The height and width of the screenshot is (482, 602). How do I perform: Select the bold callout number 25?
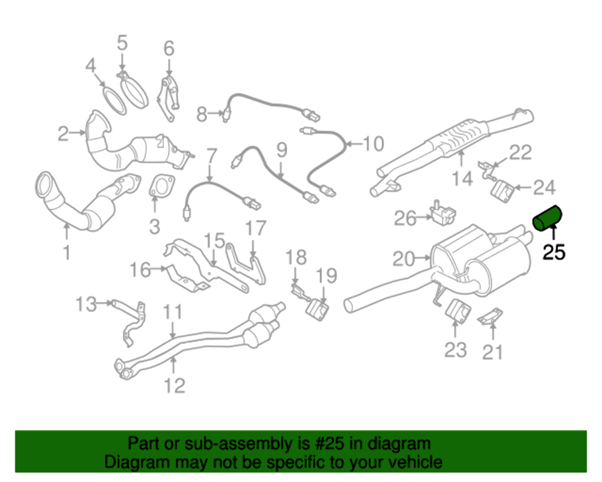(x=554, y=252)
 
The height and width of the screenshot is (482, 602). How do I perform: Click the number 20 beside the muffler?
(x=404, y=259)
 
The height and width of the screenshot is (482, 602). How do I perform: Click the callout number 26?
(x=405, y=218)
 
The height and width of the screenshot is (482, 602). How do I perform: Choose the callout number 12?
(x=175, y=384)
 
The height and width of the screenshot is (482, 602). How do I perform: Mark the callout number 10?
(x=373, y=143)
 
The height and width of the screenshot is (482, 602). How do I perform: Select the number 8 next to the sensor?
(x=202, y=112)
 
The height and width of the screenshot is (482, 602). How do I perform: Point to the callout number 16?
(x=140, y=269)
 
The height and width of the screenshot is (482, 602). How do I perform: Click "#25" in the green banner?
(x=321, y=444)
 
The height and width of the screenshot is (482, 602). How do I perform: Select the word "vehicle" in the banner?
(x=412, y=462)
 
